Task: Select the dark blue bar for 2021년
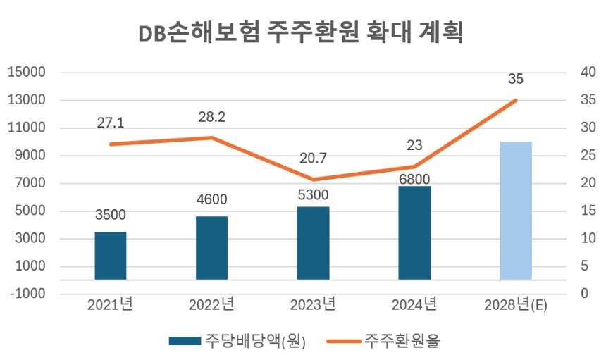point(111,256)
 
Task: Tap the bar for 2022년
point(211,248)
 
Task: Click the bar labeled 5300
point(313,243)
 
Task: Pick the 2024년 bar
point(414,232)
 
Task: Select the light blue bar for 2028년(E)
point(516,211)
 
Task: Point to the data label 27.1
point(111,123)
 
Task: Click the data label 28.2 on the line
point(211,117)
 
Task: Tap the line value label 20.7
point(313,159)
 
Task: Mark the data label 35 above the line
point(516,79)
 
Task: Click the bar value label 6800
point(414,179)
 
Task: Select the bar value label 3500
point(111,216)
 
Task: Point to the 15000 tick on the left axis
point(26,73)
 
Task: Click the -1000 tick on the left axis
point(26,294)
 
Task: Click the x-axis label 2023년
point(313,304)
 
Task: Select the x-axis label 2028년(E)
point(516,304)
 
